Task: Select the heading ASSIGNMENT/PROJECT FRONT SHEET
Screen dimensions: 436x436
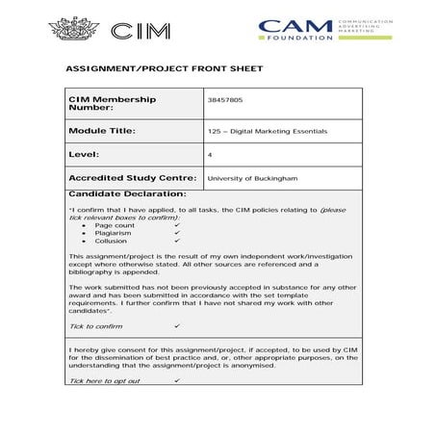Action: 163,70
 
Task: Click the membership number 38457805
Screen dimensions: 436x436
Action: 224,99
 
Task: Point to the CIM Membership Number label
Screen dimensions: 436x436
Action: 111,103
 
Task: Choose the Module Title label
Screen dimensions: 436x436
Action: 102,130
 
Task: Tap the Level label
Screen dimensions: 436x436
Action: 84,154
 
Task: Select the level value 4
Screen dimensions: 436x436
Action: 210,154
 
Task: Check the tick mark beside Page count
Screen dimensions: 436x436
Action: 178,224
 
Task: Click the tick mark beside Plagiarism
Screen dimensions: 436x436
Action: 178,233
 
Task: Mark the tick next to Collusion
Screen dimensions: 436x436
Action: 178,241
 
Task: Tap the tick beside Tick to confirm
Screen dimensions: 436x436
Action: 177,326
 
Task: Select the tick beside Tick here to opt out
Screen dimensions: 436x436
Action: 178,381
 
